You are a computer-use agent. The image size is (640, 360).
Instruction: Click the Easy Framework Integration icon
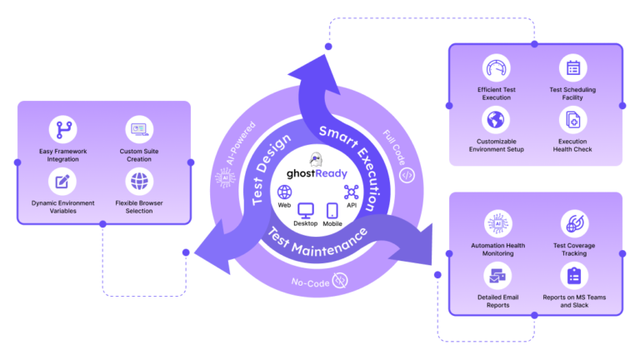62,130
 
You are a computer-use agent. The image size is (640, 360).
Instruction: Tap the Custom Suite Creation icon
139,130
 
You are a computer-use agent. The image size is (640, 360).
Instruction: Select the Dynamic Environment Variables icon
62,181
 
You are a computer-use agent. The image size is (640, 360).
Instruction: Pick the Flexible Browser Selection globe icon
139,181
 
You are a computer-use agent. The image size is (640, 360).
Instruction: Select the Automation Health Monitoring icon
497,223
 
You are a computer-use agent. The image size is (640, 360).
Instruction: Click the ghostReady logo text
315,176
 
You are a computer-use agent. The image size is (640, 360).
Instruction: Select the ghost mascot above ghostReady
315,159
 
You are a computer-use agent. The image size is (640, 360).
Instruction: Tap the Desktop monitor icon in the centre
306,211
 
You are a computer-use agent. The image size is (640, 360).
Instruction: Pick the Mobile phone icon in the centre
332,211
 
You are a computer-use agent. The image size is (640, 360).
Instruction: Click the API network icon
351,192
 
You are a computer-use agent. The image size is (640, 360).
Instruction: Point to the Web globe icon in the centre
284,192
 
